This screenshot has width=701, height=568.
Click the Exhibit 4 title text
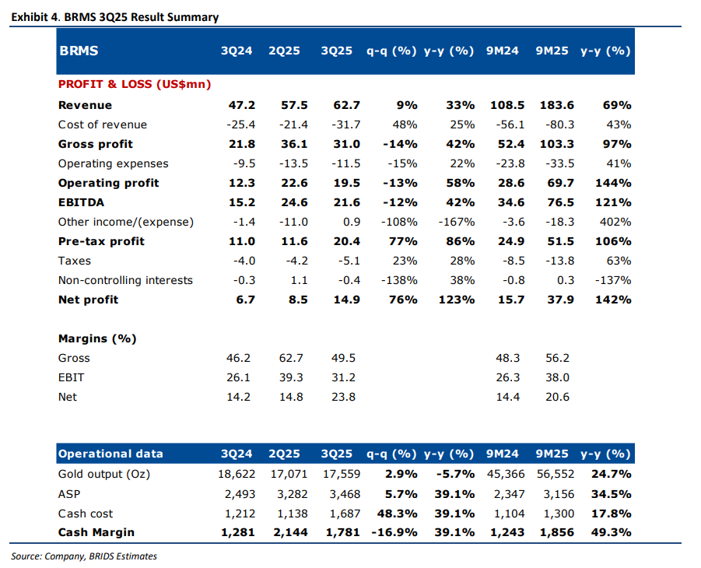click(x=115, y=17)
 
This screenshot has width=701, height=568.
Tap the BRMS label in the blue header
click(x=79, y=51)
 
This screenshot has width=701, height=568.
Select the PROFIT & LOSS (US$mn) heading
click(x=135, y=84)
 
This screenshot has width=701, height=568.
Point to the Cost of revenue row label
click(x=102, y=124)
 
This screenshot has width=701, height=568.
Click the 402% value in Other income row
click(x=615, y=222)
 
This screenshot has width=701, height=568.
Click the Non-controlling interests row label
click(x=125, y=280)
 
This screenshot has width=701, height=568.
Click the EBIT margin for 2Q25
click(x=293, y=377)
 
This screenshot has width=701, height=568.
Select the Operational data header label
click(x=110, y=454)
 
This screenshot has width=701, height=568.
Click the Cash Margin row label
click(x=96, y=532)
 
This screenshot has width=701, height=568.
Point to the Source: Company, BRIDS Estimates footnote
click(x=84, y=556)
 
